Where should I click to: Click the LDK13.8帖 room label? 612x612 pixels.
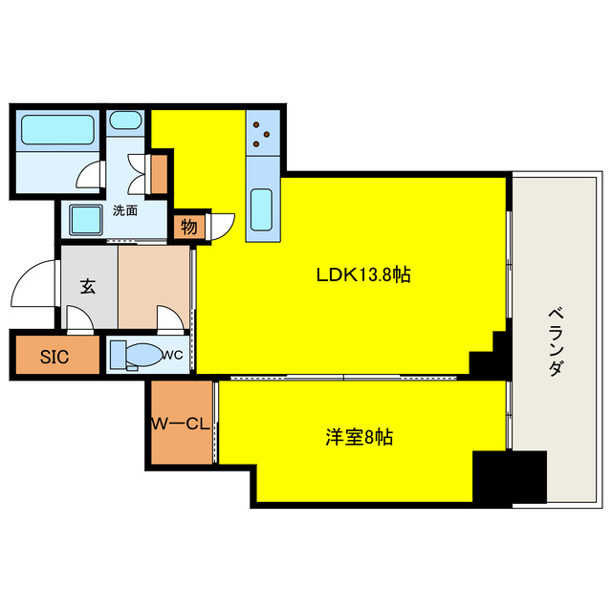coord(363,274)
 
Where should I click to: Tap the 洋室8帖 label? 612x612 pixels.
coord(360,437)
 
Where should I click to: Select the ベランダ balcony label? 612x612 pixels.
coord(556,342)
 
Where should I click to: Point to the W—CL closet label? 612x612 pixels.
coord(181,424)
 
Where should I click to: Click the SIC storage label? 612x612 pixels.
coord(55,357)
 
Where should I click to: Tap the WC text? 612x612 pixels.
coord(173,355)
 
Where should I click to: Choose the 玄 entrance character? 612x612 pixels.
coord(88,287)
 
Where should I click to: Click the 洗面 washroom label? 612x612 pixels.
coord(125,210)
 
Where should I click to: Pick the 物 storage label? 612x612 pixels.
coord(189,226)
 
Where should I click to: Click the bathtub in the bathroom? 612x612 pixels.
coord(57,130)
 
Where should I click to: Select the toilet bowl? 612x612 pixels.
coord(144,355)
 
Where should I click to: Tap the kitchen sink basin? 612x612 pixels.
coord(261,209)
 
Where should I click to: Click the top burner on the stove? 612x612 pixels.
coord(256,125)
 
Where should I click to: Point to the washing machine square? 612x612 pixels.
coord(86,220)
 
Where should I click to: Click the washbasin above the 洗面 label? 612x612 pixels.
coord(125,120)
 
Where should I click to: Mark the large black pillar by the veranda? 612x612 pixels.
coord(509,477)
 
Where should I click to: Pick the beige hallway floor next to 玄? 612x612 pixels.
coord(153,287)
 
